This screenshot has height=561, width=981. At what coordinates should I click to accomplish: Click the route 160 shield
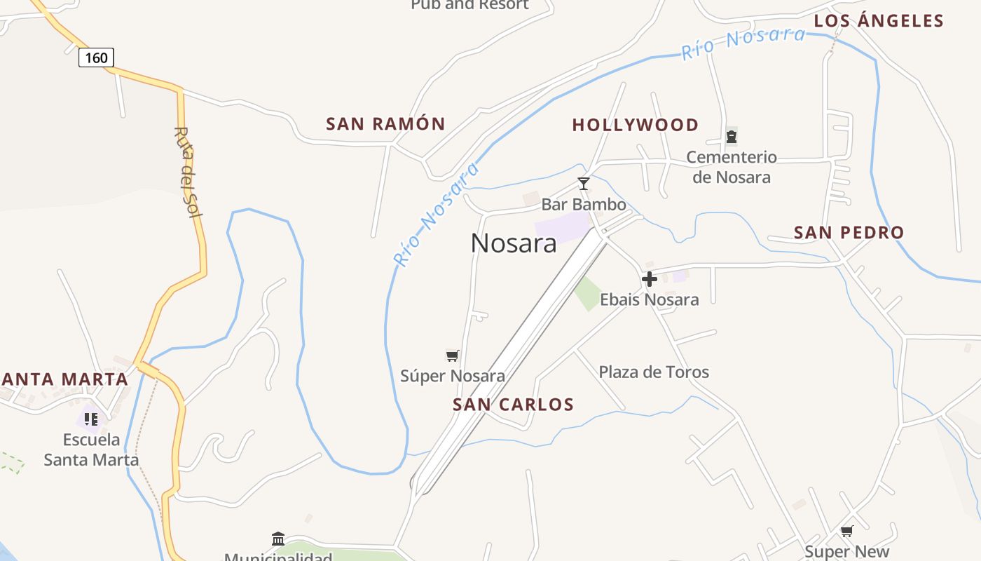coord(96,57)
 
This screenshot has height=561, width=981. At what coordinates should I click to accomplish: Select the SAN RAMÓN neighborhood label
coord(385,124)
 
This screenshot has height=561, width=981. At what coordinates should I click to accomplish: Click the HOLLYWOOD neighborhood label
coord(636,125)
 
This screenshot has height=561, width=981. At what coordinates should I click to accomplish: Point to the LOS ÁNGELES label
coord(879,21)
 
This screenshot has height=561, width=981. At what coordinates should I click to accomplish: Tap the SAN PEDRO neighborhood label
coord(849,232)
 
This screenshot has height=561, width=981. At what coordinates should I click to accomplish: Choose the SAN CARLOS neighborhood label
coord(513,405)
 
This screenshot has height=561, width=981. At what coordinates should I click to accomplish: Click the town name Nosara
coord(514,243)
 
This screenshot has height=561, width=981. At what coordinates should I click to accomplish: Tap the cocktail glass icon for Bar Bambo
coord(583,184)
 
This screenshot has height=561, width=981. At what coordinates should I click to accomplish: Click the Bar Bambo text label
coord(584,205)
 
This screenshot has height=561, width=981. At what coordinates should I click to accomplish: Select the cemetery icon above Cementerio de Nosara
coord(732,137)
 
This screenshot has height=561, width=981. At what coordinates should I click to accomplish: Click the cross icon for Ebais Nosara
coord(650,279)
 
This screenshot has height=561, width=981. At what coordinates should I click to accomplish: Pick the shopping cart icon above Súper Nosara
coord(453,356)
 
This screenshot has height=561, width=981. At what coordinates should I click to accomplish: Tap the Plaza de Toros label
coord(654,372)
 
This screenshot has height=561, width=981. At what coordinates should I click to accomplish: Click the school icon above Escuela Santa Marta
coord(91,419)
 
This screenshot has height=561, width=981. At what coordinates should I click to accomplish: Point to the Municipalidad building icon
coord(278,539)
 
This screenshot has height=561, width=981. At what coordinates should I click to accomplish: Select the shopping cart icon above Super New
coord(847,532)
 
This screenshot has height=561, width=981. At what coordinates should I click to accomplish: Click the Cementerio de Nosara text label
coord(732,167)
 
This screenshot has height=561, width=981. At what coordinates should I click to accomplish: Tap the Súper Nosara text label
coord(453,376)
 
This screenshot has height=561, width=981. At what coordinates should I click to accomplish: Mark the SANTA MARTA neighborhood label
coord(64,379)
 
